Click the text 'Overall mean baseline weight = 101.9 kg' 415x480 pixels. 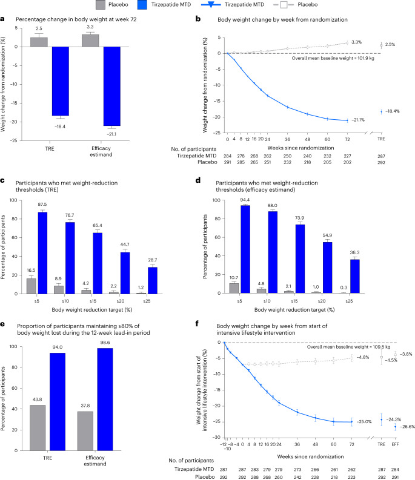tap(318, 59)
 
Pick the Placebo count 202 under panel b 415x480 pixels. tap(348, 162)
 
